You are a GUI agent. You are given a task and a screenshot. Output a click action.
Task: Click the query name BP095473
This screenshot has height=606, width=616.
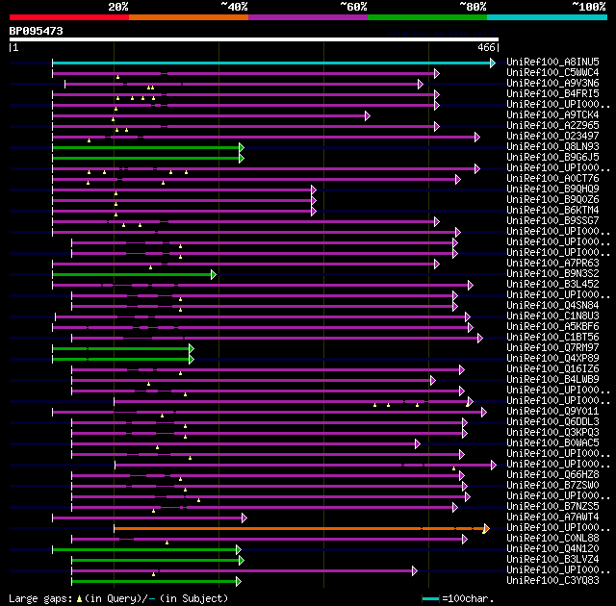tap(37, 31)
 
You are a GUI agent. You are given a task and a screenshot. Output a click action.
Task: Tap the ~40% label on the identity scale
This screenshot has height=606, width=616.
tap(234, 7)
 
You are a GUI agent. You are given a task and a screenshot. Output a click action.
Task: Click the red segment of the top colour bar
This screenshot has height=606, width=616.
tap(68, 16)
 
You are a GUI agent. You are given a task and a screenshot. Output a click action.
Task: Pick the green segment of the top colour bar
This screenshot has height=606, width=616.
tap(426, 16)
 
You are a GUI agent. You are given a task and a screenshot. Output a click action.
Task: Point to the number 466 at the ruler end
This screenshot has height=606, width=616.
tap(486, 47)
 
